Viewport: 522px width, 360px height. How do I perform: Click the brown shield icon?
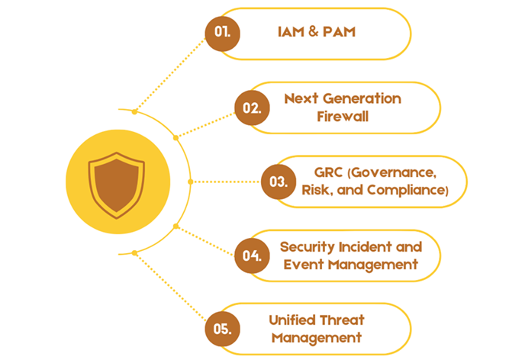(117, 185)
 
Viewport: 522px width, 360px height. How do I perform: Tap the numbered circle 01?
(222, 34)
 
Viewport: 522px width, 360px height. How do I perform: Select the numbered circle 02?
(252, 108)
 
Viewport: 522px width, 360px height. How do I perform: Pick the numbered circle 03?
(279, 182)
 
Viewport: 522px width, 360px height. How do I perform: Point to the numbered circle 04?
(252, 256)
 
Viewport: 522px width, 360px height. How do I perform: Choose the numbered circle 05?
(222, 329)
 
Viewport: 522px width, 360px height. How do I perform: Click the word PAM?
(340, 32)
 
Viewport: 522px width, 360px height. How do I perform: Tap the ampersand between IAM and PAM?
(313, 31)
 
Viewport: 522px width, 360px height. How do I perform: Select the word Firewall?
(343, 117)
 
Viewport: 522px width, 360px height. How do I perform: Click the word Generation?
(362, 98)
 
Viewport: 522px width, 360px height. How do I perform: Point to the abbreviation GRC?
(328, 172)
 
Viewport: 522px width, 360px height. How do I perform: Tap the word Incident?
(365, 247)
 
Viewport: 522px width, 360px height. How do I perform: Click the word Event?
(303, 265)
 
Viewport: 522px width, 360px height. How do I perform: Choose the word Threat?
(343, 320)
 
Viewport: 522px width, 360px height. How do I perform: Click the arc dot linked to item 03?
(191, 182)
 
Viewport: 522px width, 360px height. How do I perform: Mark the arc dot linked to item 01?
(134, 112)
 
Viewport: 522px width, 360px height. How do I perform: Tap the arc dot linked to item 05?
(134, 253)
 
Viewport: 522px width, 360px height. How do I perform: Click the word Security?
(308, 247)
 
